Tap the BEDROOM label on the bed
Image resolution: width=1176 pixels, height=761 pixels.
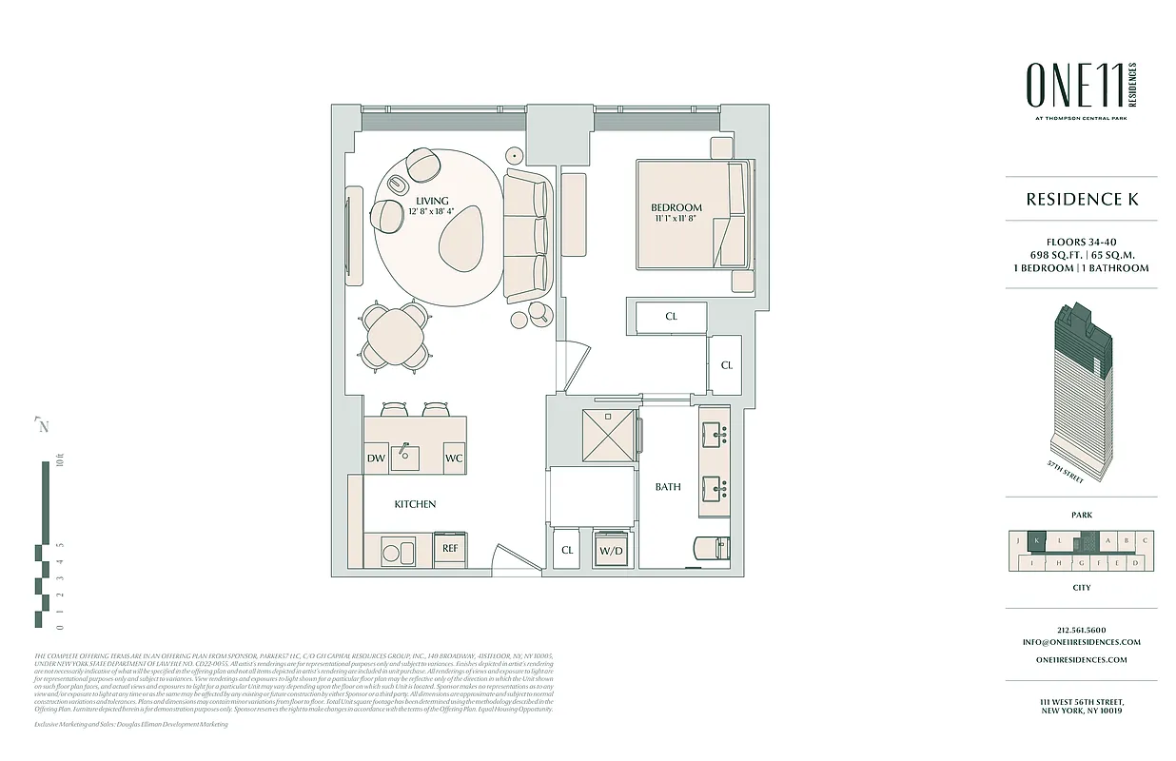[676, 207]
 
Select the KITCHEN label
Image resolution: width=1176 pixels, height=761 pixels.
[415, 504]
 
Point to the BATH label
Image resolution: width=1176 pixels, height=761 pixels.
[668, 487]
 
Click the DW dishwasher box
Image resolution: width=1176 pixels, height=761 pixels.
[376, 459]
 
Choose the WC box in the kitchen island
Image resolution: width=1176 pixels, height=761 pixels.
[454, 459]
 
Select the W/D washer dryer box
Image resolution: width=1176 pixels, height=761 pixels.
[611, 550]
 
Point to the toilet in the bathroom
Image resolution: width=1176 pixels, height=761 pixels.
[713, 550]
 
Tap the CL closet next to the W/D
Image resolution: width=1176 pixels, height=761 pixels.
[568, 550]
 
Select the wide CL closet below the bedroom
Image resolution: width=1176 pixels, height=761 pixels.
[671, 317]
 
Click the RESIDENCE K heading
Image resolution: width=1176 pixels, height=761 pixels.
[1082, 200]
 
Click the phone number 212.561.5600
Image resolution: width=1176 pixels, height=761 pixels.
[1081, 630]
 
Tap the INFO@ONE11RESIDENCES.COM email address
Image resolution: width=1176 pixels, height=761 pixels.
[1081, 642]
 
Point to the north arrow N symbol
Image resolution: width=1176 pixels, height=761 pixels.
[43, 426]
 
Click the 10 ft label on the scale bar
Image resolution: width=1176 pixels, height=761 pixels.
[59, 463]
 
